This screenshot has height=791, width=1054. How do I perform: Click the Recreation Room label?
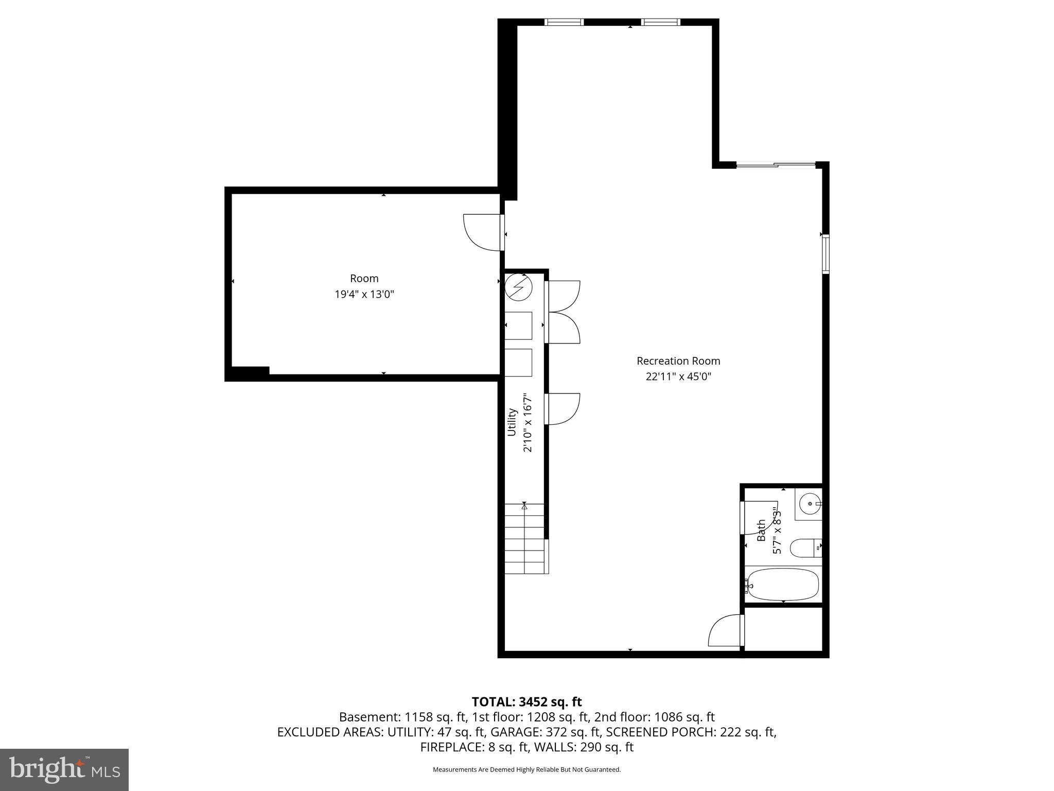(678, 361)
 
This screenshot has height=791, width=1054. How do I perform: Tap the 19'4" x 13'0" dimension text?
(364, 295)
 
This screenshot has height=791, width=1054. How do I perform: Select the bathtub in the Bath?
(783, 584)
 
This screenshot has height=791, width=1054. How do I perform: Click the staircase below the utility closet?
(524, 539)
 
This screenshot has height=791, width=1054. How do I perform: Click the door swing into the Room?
(482, 232)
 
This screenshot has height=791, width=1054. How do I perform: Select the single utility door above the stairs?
(563, 409)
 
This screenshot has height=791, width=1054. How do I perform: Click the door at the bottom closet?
(726, 631)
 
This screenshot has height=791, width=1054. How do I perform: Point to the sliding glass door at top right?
(776, 165)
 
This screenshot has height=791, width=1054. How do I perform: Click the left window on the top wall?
(564, 22)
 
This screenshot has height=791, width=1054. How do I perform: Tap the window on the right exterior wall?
(825, 253)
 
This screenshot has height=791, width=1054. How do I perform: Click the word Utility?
(512, 422)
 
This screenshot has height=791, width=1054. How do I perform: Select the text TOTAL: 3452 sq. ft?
(526, 702)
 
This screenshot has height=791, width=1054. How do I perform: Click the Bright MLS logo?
(64, 769)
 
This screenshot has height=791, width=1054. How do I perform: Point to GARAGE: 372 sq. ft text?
(546, 732)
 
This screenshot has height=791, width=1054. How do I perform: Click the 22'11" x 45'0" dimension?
(678, 376)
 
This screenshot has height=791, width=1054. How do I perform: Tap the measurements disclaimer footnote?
(526, 770)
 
